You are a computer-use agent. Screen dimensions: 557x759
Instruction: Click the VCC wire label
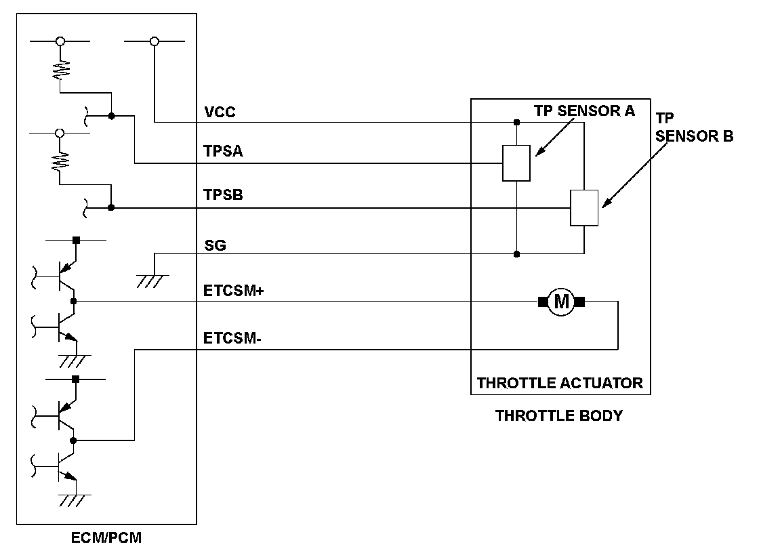tap(220, 112)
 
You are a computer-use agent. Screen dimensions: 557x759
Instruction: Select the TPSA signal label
tap(223, 152)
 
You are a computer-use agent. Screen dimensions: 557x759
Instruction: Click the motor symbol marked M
tap(562, 302)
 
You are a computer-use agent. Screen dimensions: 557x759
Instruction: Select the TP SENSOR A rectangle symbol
tap(516, 163)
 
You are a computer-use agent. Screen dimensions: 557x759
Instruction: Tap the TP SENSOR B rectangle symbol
tap(583, 208)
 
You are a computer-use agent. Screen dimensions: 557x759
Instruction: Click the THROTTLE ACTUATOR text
tap(560, 383)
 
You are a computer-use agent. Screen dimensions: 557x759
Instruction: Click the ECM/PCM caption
tap(106, 539)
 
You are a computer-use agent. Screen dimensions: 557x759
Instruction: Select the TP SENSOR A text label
tap(583, 111)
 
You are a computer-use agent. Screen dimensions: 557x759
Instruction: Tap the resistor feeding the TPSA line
tap(60, 70)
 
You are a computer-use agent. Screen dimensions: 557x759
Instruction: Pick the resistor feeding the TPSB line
tap(60, 160)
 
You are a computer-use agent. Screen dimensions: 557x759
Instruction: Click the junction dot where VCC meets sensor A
tap(516, 123)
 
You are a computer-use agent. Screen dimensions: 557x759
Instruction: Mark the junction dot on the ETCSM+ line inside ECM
tap(74, 301)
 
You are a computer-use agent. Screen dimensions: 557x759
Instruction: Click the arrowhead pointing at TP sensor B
tap(604, 203)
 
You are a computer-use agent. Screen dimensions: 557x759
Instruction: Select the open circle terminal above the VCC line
tap(154, 42)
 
